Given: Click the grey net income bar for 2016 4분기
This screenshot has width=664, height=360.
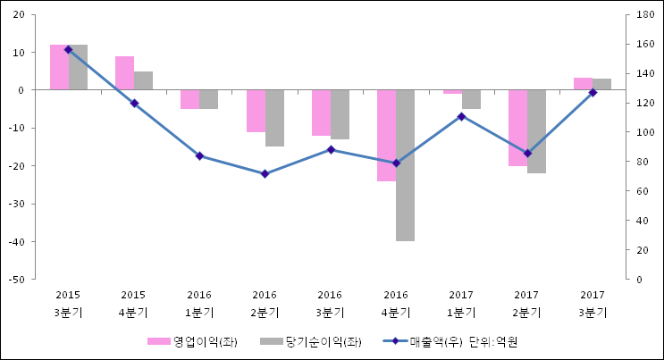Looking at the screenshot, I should pos(405,165).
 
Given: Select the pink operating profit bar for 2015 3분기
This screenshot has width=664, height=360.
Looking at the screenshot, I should pos(59,67).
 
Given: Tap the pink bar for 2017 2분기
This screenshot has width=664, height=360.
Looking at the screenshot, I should pos(517,128).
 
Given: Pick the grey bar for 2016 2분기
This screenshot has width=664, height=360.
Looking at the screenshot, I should pos(274,118).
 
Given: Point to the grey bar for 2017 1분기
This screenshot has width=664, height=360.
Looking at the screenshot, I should pos(471,99).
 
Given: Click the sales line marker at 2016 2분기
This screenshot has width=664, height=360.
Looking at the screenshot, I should pos(265,173).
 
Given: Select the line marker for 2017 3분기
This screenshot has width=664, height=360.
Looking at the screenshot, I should pos(593,93).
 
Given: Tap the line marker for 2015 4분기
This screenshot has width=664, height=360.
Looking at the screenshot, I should pos(134,104).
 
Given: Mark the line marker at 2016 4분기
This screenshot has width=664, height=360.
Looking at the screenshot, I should pos(396,163).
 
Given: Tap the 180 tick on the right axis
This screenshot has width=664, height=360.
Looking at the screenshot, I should pos(644,15).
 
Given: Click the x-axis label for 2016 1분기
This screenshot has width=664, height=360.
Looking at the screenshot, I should pos(199,304).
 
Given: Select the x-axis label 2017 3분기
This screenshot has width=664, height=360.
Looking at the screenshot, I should pos(593,304).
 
